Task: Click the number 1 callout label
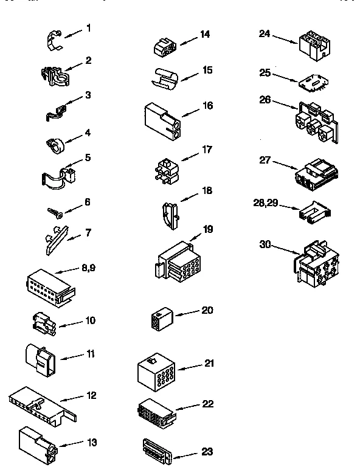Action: coord(88,28)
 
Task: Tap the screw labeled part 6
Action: coord(54,212)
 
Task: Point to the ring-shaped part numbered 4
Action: coord(54,144)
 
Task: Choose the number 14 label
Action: coord(205,34)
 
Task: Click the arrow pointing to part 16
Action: coord(192,111)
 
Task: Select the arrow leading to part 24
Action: coord(284,39)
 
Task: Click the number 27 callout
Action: coord(265,161)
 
